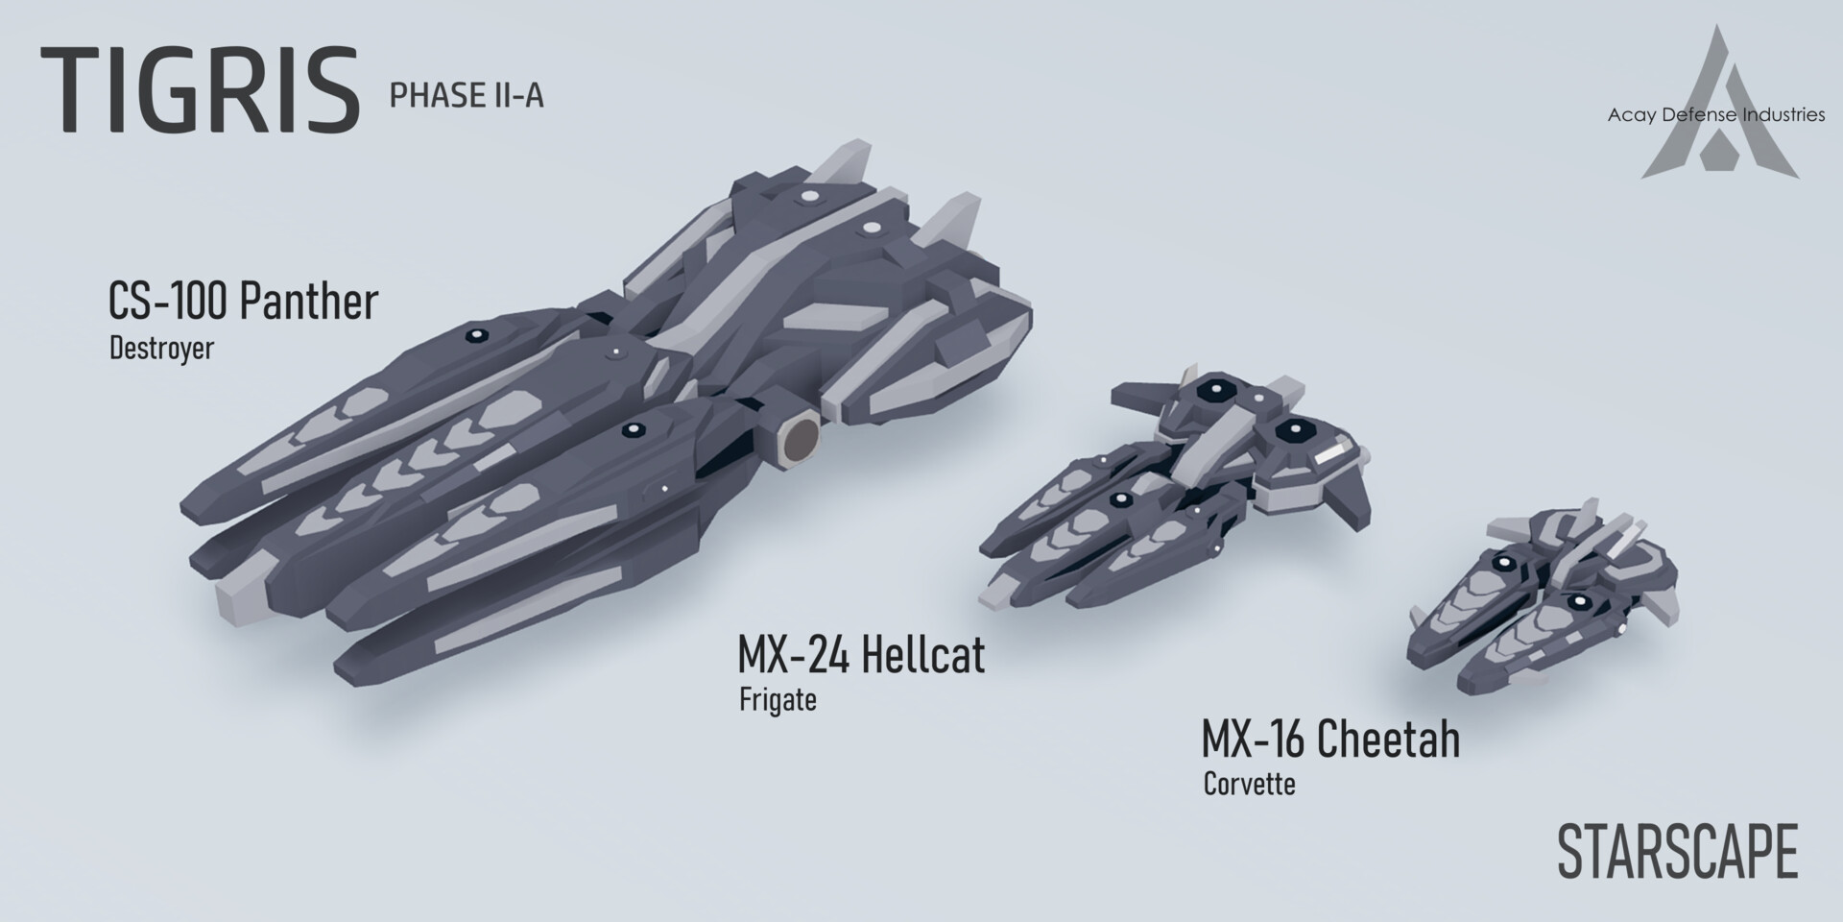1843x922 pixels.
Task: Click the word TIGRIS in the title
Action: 200,91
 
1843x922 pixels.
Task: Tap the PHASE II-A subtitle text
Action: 467,96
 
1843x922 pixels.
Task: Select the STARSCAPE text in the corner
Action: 1676,852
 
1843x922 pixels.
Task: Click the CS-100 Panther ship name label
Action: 243,302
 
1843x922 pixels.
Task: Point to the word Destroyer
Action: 161,348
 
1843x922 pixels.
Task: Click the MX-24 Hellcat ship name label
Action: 860,655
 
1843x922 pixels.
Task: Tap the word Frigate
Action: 778,699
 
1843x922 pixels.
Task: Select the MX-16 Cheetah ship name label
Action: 1329,740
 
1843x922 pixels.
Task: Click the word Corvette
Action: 1249,784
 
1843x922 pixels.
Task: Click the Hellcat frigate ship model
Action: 1181,490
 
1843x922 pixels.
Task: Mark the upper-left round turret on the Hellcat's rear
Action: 1213,391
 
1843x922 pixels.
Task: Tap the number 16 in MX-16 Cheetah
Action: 1288,740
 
